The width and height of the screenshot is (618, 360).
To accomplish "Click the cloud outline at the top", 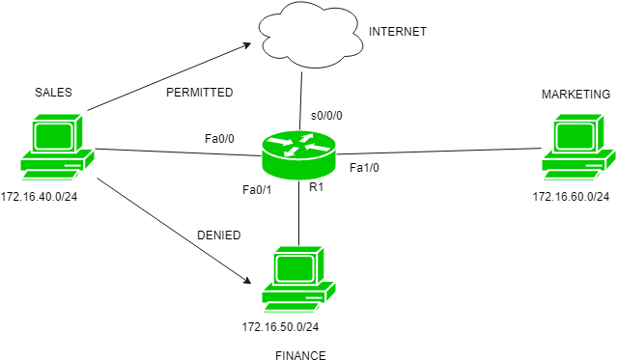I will pos(311,37).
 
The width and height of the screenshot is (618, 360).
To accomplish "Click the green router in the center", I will pos(299,155).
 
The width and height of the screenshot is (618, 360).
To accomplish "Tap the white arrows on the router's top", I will pos(299,145).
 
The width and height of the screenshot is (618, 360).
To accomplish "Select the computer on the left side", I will pos(57,147).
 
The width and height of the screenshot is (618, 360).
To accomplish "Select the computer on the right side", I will pos(578,147).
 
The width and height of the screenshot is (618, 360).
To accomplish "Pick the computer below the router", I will pos(298,279).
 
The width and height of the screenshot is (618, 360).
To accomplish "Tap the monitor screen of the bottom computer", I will pos(296,266).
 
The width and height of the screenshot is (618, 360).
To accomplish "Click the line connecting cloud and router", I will pos(301,99).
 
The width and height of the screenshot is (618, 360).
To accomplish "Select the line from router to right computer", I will pos(439,152).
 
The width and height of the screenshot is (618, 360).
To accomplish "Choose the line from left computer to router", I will pos(179,152).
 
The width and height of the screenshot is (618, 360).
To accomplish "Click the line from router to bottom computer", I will pos(299,212).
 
